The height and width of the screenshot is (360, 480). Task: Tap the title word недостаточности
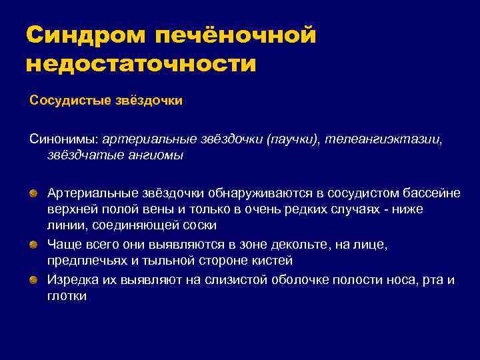141,64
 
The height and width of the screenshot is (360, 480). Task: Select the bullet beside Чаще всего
33,245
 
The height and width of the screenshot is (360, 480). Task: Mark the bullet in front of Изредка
33,279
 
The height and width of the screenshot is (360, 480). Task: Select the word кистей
274,261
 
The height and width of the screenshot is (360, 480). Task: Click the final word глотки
67,296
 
